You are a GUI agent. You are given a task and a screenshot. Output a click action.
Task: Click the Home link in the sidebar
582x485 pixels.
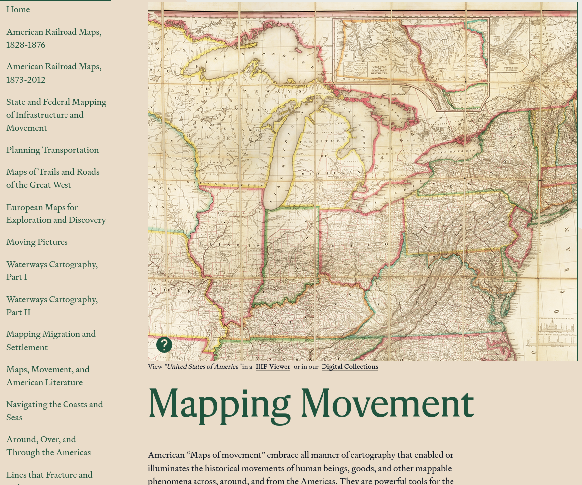pyautogui.click(x=18, y=9)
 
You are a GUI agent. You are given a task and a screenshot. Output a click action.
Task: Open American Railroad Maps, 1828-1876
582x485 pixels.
pyautogui.click(x=54, y=38)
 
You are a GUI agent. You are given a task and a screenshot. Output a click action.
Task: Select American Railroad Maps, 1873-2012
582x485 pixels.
pyautogui.click(x=54, y=73)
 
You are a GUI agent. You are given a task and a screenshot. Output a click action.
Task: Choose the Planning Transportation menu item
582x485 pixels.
pyautogui.click(x=53, y=150)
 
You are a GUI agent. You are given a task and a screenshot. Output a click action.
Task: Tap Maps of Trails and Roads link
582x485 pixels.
pyautogui.click(x=53, y=178)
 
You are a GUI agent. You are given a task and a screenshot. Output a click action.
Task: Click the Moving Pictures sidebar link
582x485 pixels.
pyautogui.click(x=37, y=242)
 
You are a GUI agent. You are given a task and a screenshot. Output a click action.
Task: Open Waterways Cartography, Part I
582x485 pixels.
pyautogui.click(x=52, y=270)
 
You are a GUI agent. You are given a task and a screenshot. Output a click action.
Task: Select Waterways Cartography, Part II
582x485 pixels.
pyautogui.click(x=52, y=306)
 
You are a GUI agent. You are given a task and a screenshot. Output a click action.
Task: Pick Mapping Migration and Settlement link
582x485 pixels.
pyautogui.click(x=51, y=340)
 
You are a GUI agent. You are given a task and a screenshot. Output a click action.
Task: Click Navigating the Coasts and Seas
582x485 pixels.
pyautogui.click(x=55, y=411)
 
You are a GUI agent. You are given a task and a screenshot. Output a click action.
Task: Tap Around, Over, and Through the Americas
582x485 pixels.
pyautogui.click(x=49, y=446)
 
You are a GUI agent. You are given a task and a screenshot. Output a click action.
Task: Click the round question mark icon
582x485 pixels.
pyautogui.click(x=164, y=345)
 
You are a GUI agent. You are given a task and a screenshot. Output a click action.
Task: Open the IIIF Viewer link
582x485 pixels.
pyautogui.click(x=273, y=367)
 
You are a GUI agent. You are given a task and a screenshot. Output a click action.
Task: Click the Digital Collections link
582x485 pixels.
pyautogui.click(x=350, y=367)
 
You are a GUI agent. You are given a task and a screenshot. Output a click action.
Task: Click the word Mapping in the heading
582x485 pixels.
pyautogui.click(x=219, y=404)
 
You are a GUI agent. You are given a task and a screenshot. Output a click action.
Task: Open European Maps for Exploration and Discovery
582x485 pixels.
pyautogui.click(x=56, y=214)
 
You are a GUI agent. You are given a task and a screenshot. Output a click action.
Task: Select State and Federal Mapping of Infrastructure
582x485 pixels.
pyautogui.click(x=56, y=114)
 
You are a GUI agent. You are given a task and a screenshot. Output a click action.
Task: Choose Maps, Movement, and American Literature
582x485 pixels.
pyautogui.click(x=48, y=376)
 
